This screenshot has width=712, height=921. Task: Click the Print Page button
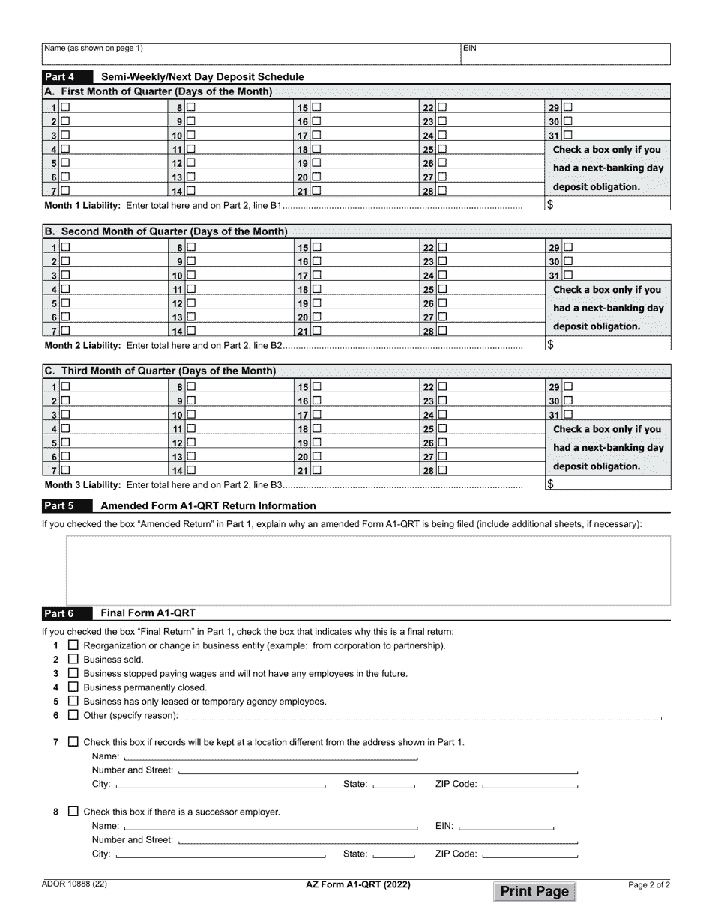point(535,891)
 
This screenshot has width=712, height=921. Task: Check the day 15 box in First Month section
point(317,107)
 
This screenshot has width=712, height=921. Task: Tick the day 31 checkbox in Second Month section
point(567,275)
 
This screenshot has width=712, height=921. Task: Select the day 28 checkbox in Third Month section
point(442,471)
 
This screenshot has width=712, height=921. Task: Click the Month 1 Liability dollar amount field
point(607,205)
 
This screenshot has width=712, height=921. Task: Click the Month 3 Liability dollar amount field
point(607,484)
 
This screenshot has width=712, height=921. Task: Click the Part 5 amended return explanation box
point(367,569)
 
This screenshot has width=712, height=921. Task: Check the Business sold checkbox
point(73,659)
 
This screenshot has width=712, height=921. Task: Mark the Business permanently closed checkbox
point(73,687)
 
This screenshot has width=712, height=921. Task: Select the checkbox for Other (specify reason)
point(73,715)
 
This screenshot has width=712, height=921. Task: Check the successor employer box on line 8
point(73,812)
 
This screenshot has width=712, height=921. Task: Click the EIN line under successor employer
point(506,826)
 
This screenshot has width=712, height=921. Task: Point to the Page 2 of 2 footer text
point(648,884)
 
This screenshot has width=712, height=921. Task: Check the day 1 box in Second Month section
point(66,247)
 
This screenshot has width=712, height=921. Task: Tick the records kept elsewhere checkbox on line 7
point(73,742)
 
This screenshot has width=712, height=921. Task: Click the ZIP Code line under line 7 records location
point(531,785)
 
